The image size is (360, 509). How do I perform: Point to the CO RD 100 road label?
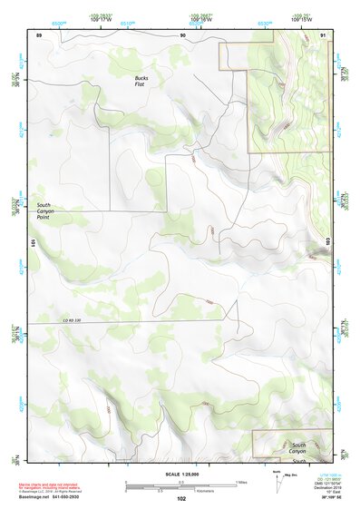(x=72, y=319)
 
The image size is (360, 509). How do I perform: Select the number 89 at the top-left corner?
(x=39, y=34)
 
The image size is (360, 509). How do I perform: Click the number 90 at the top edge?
(x=183, y=34)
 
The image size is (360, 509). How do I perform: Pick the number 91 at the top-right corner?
(x=324, y=34)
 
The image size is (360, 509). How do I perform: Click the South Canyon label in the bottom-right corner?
(x=298, y=446)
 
